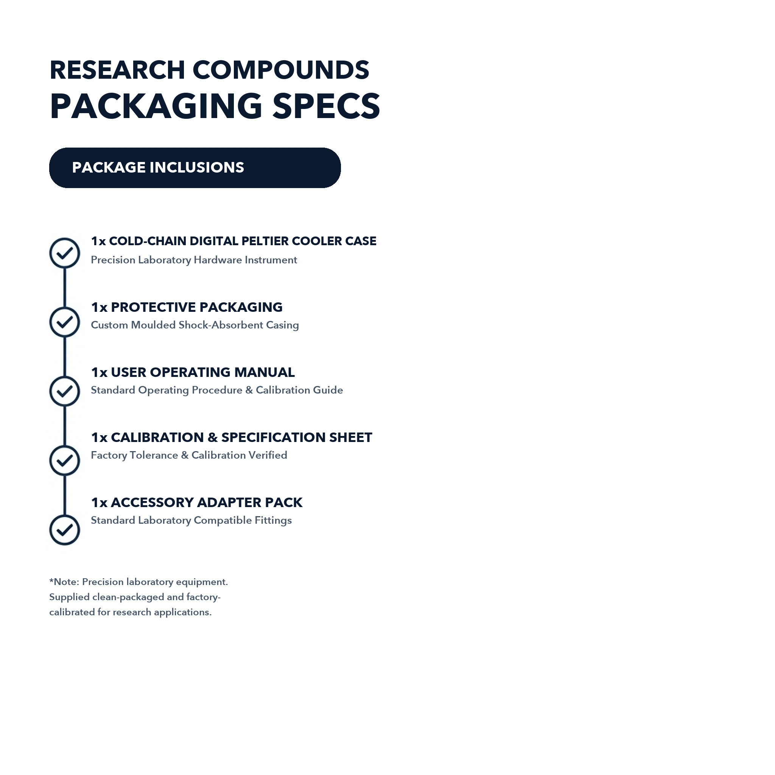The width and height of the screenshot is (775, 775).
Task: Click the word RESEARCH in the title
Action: [x=117, y=70]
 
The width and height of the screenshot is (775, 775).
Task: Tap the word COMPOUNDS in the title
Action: [x=281, y=70]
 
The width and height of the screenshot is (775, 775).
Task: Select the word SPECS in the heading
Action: [x=326, y=106]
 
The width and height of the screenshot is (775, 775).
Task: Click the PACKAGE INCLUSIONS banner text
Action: [x=158, y=168]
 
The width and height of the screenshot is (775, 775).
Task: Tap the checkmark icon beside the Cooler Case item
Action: [x=65, y=253]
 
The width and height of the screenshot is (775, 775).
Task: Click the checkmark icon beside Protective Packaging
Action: [x=65, y=322]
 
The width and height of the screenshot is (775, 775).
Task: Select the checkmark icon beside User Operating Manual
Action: [x=65, y=391]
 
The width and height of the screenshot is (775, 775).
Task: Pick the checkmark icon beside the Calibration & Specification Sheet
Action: [x=65, y=461]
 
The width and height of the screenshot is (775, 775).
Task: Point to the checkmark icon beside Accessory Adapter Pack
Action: [x=65, y=530]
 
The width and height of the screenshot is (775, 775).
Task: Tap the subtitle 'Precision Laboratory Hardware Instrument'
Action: [x=194, y=260]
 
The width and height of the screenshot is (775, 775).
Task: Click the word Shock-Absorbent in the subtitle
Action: [x=221, y=325]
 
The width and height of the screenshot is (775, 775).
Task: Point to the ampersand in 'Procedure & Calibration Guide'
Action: [x=249, y=390]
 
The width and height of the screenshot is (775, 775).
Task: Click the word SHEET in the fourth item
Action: [x=351, y=437]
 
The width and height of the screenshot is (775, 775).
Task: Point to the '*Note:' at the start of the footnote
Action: [x=64, y=582]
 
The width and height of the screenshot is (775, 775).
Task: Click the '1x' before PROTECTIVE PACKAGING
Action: [x=99, y=307]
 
